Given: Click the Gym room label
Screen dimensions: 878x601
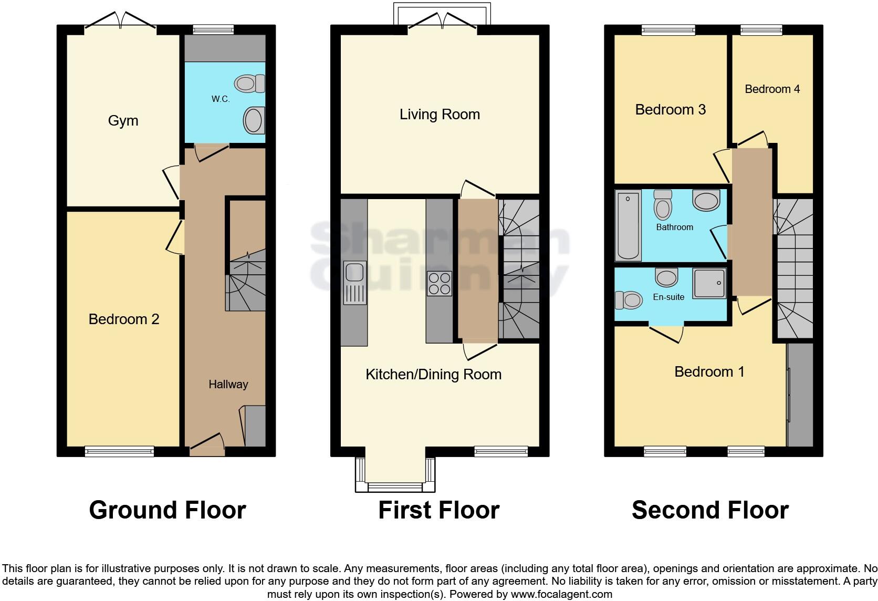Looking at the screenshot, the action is (x=123, y=121).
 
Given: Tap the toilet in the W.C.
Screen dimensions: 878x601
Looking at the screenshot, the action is (x=249, y=83).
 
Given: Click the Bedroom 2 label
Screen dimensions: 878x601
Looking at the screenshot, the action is (x=124, y=319).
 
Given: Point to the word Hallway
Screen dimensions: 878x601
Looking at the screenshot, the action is (x=228, y=384).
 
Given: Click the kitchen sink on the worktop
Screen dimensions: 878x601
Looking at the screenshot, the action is (x=355, y=283).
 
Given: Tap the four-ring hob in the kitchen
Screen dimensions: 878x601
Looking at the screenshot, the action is (x=440, y=284).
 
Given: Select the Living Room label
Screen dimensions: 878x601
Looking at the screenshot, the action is (x=440, y=115).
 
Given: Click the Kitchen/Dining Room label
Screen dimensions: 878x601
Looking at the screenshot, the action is (x=434, y=375).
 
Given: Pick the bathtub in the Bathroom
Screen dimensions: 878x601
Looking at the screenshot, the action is (x=628, y=225).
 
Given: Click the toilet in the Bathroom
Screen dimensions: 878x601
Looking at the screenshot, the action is (x=663, y=205).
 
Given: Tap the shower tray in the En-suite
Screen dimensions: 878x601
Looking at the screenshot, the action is (x=709, y=284).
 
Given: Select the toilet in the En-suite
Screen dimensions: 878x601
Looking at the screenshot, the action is (x=629, y=300).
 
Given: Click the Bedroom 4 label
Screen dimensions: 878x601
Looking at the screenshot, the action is (x=772, y=89).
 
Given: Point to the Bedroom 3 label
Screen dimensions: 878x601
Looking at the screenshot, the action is (x=670, y=109).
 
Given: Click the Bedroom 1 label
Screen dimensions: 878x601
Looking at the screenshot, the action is (x=709, y=371).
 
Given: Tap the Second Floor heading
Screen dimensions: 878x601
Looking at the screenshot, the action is (x=710, y=510).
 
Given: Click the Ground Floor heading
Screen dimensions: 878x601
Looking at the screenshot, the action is (x=168, y=510).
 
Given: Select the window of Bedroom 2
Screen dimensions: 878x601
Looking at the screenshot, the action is (x=120, y=451).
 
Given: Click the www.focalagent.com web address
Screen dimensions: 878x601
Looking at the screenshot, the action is (x=561, y=594).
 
